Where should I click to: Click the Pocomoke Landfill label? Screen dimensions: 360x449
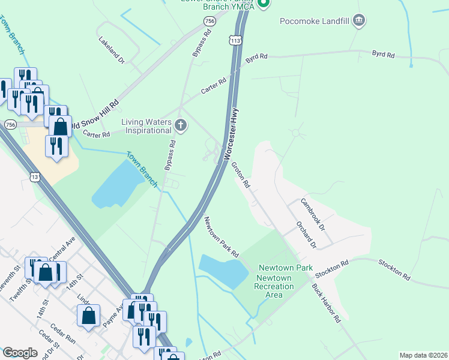coord(315,22)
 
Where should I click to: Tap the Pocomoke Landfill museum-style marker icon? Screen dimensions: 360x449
coord(359,22)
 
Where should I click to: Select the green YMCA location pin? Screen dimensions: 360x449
coord(263,4)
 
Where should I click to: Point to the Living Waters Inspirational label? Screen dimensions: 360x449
coord(146,126)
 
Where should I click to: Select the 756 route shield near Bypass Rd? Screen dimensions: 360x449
coord(209,22)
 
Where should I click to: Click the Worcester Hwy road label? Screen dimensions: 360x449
coord(232,134)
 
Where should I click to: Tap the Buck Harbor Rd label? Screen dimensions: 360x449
coord(326,303)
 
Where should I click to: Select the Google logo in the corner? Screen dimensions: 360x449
coord(20,352)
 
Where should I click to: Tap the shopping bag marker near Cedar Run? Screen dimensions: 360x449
coord(88,316)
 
